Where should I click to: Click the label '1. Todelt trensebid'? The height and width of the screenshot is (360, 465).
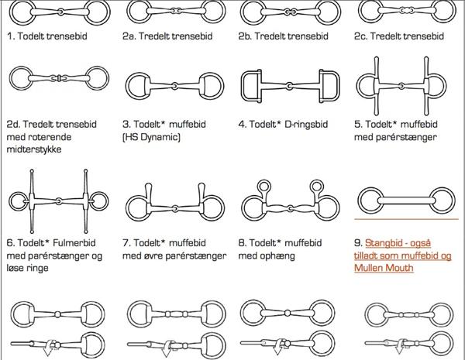pos(46,36)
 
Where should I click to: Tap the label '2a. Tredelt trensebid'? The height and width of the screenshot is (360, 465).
pos(167,36)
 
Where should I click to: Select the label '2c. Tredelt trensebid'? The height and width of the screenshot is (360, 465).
pos(399,36)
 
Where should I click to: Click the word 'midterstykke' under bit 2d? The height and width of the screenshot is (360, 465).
pos(34,149)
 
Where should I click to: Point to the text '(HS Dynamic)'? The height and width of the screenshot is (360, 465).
pos(151,137)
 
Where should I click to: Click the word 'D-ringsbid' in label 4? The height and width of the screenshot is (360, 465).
pos(306,124)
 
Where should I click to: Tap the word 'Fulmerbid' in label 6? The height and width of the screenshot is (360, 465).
pos(74,243)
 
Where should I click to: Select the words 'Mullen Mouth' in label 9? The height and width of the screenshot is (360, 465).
pos(384,268)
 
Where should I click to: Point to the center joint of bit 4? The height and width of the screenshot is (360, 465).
pos(289,86)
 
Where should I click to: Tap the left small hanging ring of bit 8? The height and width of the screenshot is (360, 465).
pos(263,187)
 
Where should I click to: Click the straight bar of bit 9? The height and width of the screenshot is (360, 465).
pos(406,201)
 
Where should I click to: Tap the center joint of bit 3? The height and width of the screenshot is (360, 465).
pos(174,86)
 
